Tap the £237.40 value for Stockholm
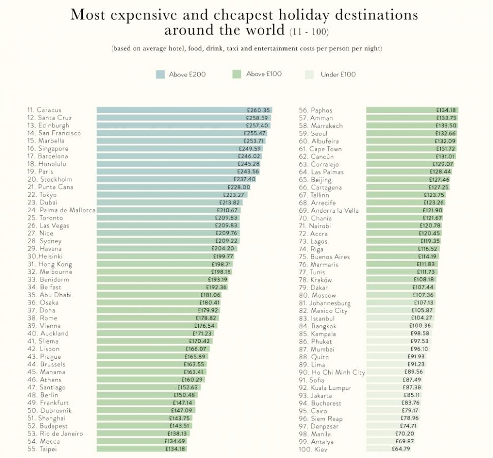245,179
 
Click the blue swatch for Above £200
160,74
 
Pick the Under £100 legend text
338,74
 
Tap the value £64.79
400,449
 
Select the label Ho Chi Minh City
338,373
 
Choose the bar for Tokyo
163,195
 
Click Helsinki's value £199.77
223,256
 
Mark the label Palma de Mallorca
67,210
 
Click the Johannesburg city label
330,303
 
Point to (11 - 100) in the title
309,32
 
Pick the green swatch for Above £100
236,74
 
